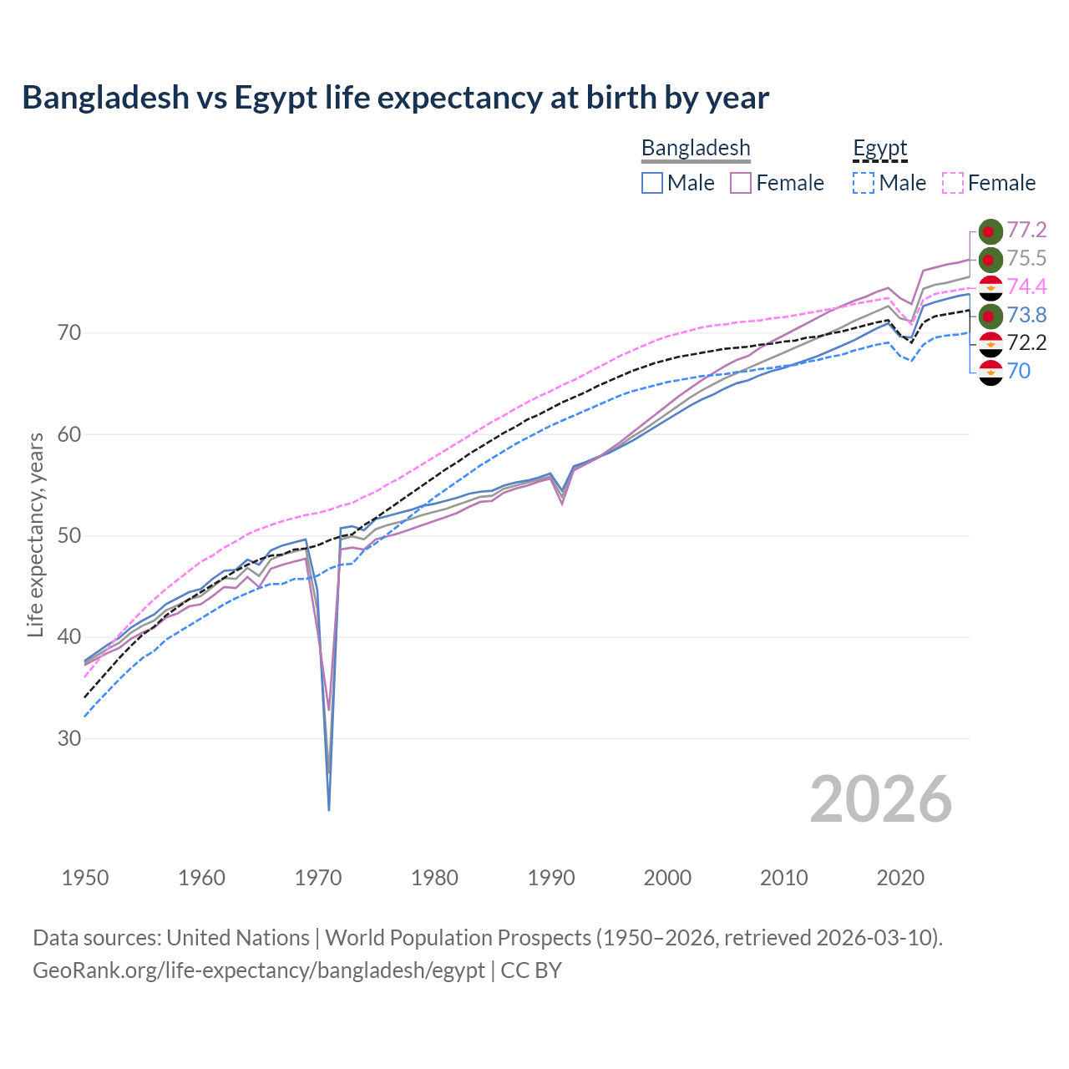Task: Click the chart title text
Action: point(395,98)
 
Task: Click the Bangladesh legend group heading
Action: point(696,148)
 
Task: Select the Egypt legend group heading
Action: point(879,148)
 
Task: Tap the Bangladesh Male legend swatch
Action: point(652,183)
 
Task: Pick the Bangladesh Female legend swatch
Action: point(741,183)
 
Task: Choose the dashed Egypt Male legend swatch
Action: point(864,183)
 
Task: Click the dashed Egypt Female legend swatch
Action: point(953,183)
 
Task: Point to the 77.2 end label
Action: point(1026,231)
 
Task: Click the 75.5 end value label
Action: point(1026,259)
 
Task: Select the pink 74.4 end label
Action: point(1026,287)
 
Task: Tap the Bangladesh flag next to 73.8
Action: point(990,316)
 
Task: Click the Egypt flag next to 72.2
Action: point(990,343)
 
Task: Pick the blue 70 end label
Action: point(1019,372)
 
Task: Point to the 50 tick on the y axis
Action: point(69,535)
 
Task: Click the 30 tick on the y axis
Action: point(69,738)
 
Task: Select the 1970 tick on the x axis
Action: point(318,878)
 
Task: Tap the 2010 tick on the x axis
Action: point(783,878)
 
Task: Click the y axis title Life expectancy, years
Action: point(36,534)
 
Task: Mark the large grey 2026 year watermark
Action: point(880,799)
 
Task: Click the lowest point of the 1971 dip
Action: point(329,809)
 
